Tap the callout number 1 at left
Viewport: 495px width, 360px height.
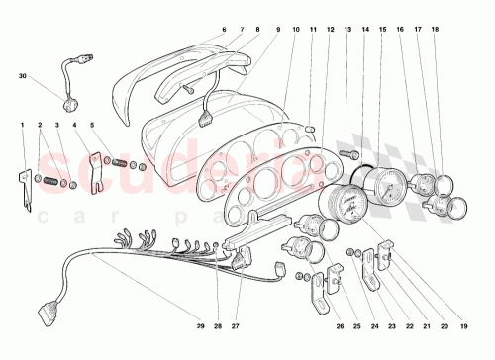[x=23, y=125]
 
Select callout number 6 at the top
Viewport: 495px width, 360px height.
[x=224, y=31]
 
